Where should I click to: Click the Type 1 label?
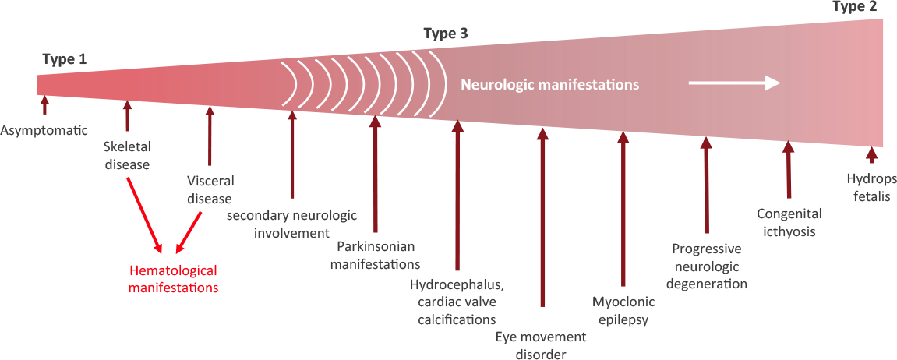tap(66, 58)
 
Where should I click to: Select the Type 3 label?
tap(446, 34)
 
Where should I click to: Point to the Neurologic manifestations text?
tap(550, 83)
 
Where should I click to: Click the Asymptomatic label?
tap(44, 129)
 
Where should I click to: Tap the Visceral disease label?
tap(210, 189)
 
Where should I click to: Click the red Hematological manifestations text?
tap(173, 279)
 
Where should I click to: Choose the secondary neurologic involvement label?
tap(291, 223)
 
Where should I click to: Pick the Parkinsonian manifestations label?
tap(375, 255)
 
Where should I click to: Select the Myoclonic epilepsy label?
tap(623, 311)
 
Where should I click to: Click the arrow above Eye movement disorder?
tap(542, 218)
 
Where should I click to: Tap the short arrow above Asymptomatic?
tap(44, 104)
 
